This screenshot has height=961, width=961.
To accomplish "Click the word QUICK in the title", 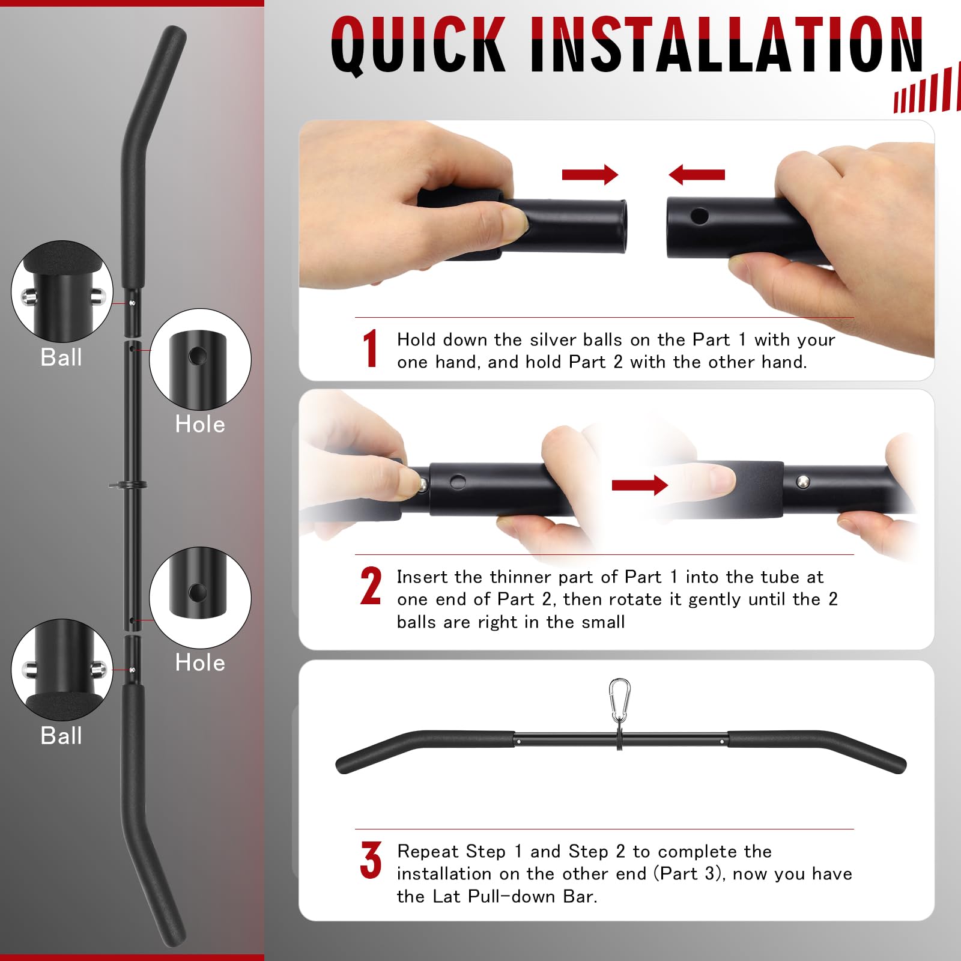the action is click(x=418, y=45).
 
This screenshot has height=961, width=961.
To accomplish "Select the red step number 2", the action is click(x=371, y=586).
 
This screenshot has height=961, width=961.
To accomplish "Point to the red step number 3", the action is click(x=371, y=860).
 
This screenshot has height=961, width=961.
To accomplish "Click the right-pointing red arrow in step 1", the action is click(x=590, y=175).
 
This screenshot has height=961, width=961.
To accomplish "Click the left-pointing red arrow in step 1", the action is click(x=697, y=175).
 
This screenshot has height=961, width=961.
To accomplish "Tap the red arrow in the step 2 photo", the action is click(x=640, y=485).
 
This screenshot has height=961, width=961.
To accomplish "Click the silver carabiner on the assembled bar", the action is click(x=619, y=700).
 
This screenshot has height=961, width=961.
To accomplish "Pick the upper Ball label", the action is click(x=61, y=357).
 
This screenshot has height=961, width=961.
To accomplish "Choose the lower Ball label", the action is click(x=61, y=736).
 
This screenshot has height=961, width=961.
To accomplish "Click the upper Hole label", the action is click(x=200, y=425).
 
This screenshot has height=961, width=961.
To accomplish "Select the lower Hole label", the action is click(x=200, y=663).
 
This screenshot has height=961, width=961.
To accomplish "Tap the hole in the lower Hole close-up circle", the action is click(x=197, y=593).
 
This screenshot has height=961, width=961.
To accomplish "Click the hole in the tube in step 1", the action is click(x=699, y=216).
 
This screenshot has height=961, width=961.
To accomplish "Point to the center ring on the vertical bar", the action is click(x=128, y=485).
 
